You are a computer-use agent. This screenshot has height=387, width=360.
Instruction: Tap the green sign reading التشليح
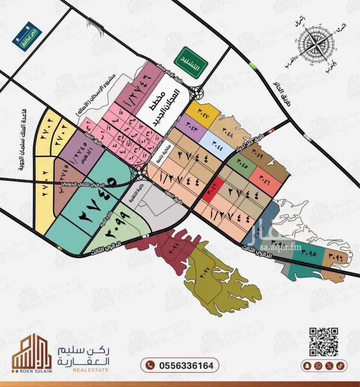coord(191,61)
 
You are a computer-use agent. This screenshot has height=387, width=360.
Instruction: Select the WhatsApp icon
coord(318,365)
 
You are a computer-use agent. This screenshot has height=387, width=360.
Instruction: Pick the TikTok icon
coord(339,365)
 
